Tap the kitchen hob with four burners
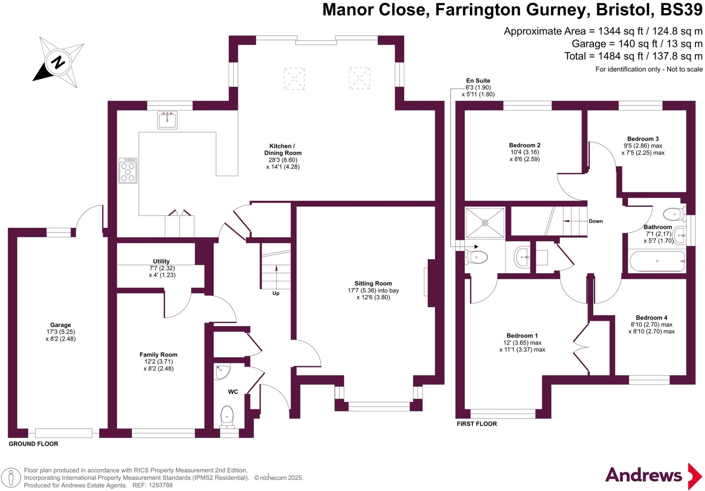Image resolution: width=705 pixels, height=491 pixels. click(x=128, y=171)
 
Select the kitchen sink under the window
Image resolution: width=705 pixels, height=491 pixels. click(x=167, y=120)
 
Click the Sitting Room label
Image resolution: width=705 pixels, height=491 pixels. click(x=373, y=284)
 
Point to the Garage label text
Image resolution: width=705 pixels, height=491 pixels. click(x=61, y=325)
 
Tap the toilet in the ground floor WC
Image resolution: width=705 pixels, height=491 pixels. click(x=227, y=417)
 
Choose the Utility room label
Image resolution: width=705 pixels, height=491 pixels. click(x=161, y=261)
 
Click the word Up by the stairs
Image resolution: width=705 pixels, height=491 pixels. click(x=276, y=293)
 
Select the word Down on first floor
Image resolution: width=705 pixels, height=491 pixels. click(x=596, y=221)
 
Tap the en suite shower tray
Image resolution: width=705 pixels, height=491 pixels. click(x=485, y=223)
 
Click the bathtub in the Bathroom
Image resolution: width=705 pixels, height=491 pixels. click(x=657, y=261)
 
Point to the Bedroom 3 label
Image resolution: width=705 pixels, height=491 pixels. click(x=643, y=139)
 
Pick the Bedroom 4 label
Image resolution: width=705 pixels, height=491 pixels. click(x=652, y=318)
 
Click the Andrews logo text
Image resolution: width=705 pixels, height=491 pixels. click(x=643, y=475)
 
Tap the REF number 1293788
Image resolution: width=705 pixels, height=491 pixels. click(x=160, y=485)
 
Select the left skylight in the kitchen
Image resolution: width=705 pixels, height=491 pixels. click(x=294, y=79)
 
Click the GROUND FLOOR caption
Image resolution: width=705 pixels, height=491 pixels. click(x=33, y=444)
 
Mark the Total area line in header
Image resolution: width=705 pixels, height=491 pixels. click(x=633, y=56)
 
